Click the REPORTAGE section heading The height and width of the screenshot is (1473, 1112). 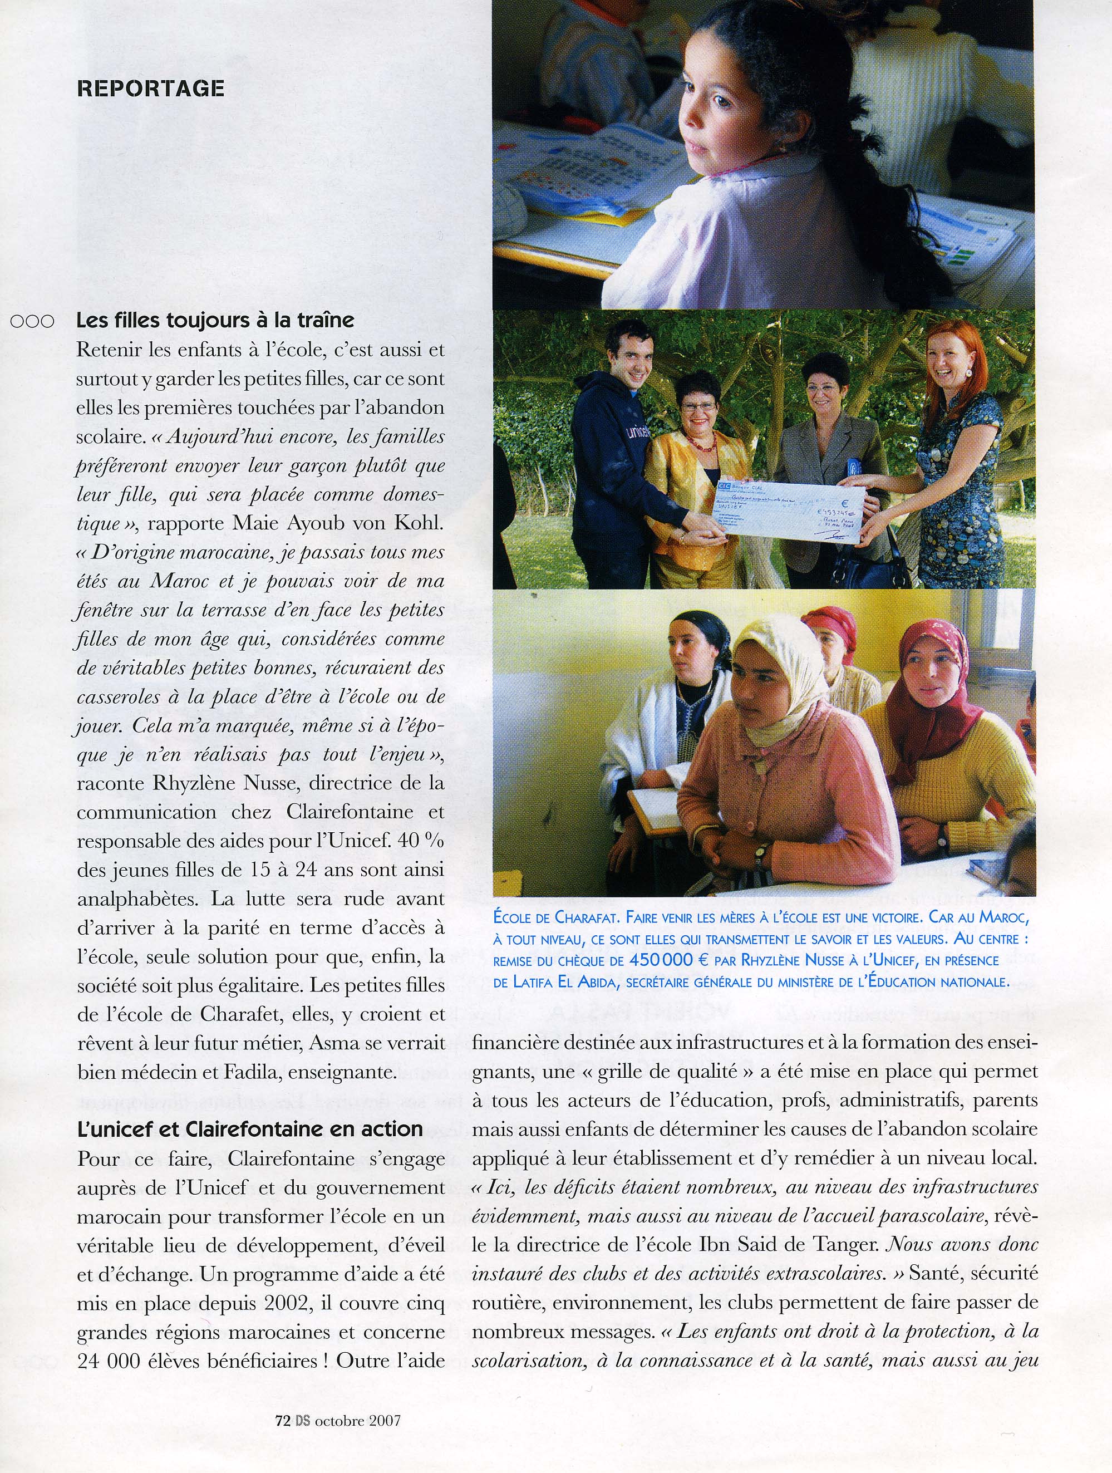click(x=150, y=89)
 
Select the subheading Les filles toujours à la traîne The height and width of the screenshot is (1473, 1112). click(x=215, y=320)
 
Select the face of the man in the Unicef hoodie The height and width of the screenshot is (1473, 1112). click(x=629, y=360)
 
